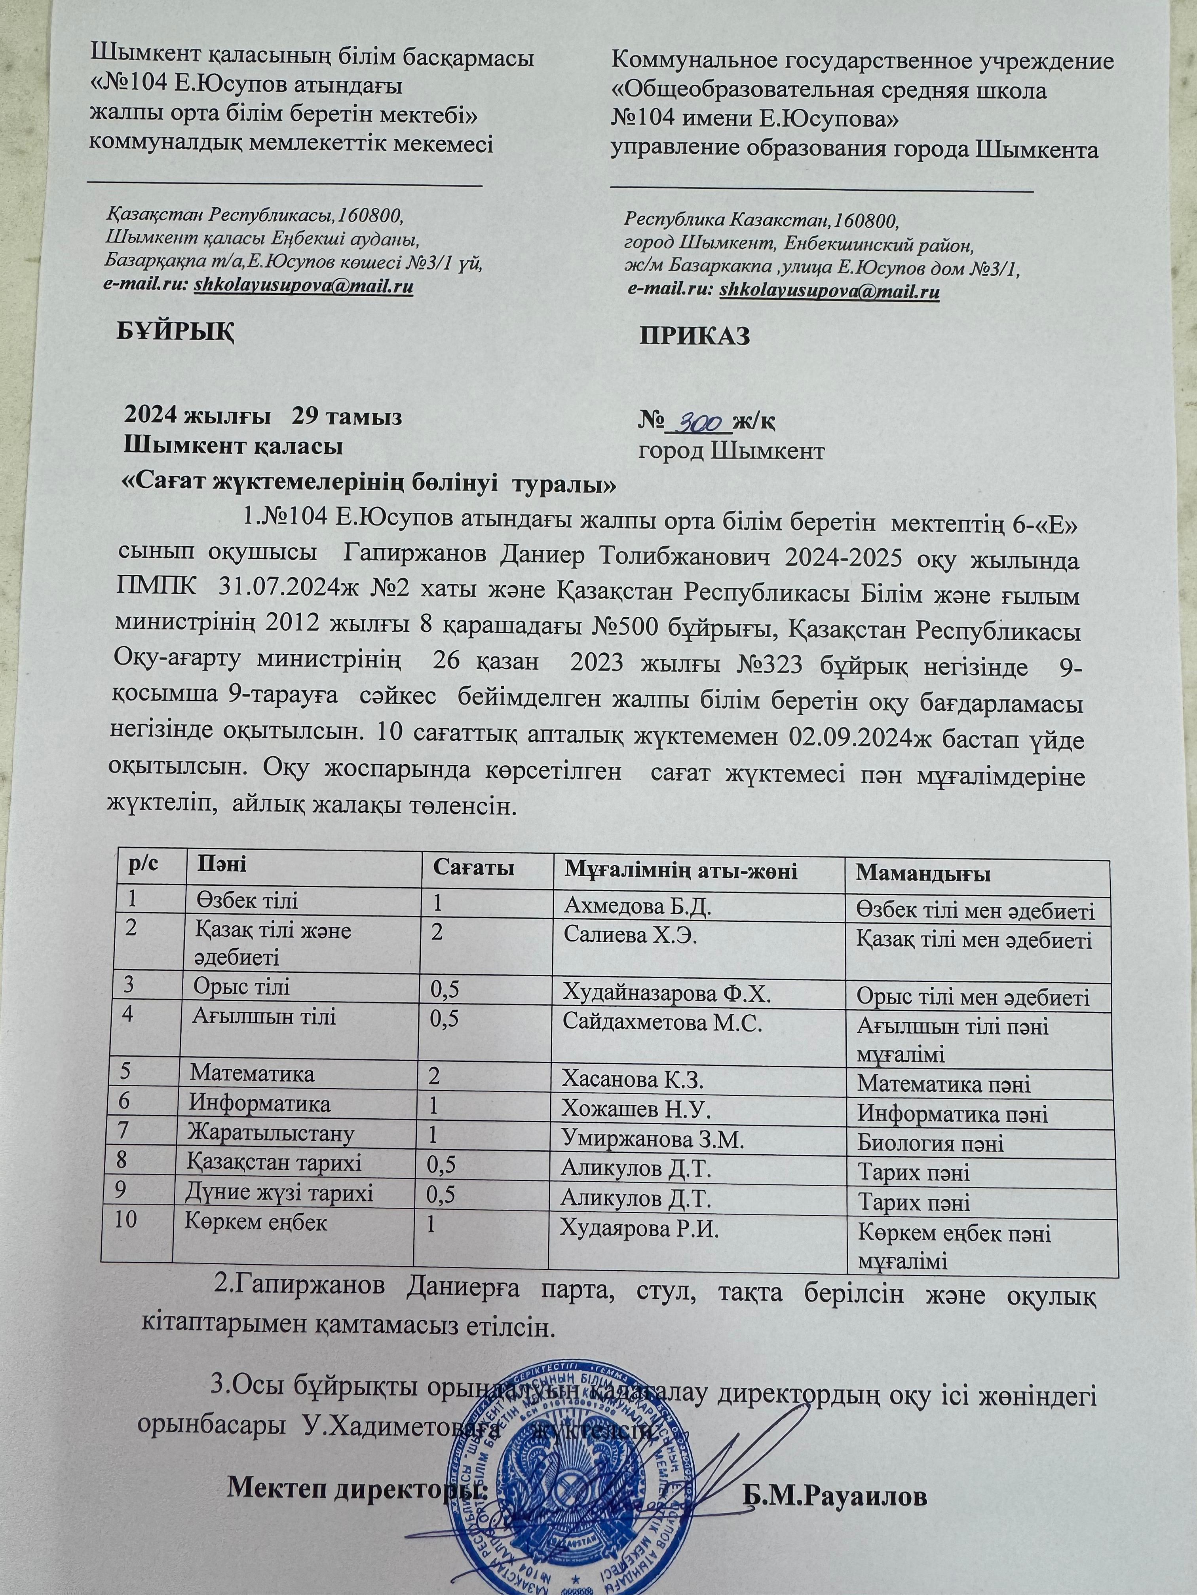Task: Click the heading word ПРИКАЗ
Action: click(x=695, y=335)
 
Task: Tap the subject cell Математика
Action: click(x=252, y=1074)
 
